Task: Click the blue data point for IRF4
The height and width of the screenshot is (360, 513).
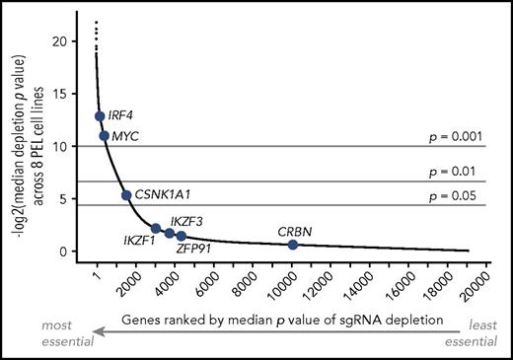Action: click(x=100, y=116)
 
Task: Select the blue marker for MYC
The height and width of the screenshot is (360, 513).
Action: click(x=104, y=135)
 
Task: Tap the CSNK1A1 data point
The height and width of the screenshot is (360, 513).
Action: click(x=126, y=195)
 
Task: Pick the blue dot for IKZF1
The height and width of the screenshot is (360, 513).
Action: click(x=156, y=228)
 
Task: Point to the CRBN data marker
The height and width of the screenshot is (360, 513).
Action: click(x=293, y=244)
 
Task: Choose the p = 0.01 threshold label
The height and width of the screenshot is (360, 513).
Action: click(x=454, y=173)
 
